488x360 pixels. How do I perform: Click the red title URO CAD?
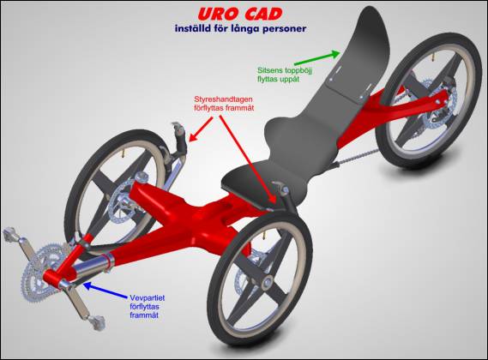click(x=239, y=14)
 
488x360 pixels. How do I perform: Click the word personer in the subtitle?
click(x=285, y=29)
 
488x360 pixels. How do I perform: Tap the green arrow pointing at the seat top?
click(x=317, y=58)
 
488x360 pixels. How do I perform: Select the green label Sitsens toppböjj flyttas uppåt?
click(x=285, y=75)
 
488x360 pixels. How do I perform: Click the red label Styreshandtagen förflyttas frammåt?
click(x=224, y=104)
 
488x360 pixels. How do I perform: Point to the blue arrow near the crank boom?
click(x=105, y=290)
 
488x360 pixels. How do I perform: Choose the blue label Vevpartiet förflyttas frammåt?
click(x=148, y=307)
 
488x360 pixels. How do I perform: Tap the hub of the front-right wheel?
click(x=267, y=283)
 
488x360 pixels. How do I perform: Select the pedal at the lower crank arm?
click(x=96, y=322)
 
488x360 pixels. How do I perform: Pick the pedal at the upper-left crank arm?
click(x=12, y=236)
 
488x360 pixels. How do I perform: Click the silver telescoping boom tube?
click(x=90, y=267)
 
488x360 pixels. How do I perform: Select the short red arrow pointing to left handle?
click(x=201, y=129)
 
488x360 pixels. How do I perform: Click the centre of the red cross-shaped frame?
click(x=199, y=214)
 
